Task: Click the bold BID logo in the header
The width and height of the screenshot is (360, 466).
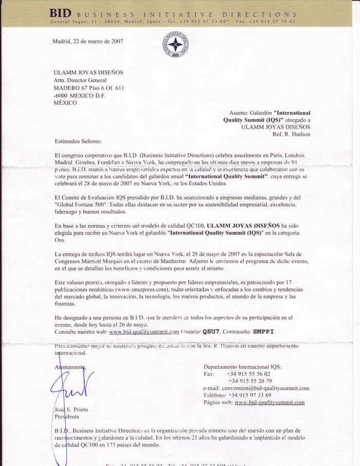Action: tap(61, 13)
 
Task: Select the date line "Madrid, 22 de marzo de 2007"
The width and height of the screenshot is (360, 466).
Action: tap(87, 41)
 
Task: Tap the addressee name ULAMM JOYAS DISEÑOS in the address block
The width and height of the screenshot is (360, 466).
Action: tap(88, 73)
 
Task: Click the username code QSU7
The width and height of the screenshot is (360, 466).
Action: tap(211, 332)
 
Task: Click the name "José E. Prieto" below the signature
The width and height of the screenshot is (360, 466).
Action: tap(72, 409)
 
